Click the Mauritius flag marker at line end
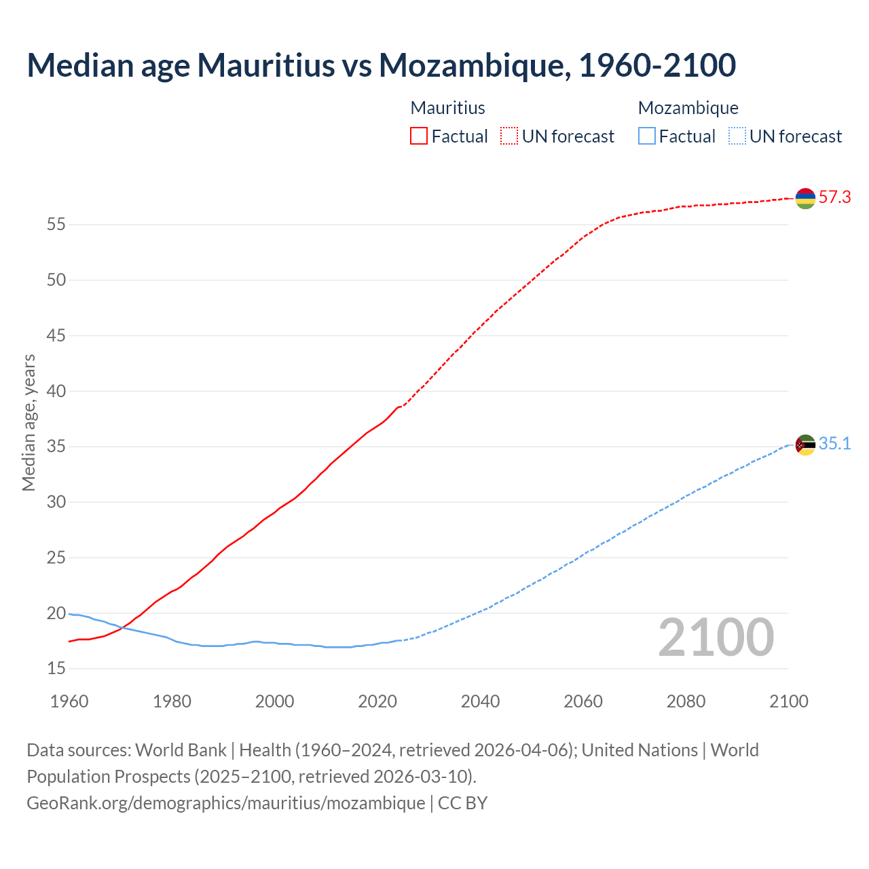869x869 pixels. (805, 198)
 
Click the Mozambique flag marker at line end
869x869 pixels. (805, 445)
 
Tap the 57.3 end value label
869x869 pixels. (834, 198)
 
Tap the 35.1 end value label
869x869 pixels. (834, 444)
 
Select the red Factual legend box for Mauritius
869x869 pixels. (419, 136)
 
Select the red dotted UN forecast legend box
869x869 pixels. (509, 136)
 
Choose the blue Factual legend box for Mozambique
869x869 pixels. (647, 136)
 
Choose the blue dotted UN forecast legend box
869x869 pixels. (737, 136)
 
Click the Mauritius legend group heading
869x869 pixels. (447, 108)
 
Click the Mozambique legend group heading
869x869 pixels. (688, 108)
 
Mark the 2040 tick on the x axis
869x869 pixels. (480, 701)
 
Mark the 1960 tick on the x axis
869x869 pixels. (69, 701)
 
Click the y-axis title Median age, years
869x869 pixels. (29, 422)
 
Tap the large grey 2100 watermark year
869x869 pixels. (716, 637)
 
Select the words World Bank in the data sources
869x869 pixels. (181, 750)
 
